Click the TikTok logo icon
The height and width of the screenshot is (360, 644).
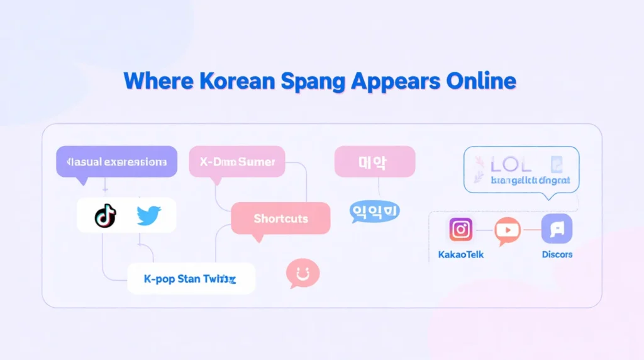tap(105, 216)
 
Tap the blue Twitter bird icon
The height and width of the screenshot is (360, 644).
tap(148, 216)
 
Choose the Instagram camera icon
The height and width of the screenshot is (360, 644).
tap(461, 230)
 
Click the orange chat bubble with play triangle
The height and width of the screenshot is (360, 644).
tap(508, 230)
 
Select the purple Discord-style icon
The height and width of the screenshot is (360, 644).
tap(557, 229)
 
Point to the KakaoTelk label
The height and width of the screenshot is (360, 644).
tap(461, 255)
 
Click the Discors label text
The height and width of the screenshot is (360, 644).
tap(557, 255)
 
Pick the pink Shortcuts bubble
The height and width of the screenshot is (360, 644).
tap(280, 218)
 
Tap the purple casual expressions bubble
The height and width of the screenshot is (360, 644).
tap(116, 162)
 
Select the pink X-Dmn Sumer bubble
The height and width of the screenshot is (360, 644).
tap(237, 162)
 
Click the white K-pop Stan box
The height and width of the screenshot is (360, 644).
tap(191, 279)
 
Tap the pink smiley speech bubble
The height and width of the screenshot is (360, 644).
tap(303, 274)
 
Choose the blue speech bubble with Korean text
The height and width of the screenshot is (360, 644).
tap(374, 211)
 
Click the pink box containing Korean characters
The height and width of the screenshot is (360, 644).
tap(374, 162)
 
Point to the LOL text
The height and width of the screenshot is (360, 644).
tap(511, 165)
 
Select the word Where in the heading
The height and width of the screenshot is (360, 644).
tap(159, 81)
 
